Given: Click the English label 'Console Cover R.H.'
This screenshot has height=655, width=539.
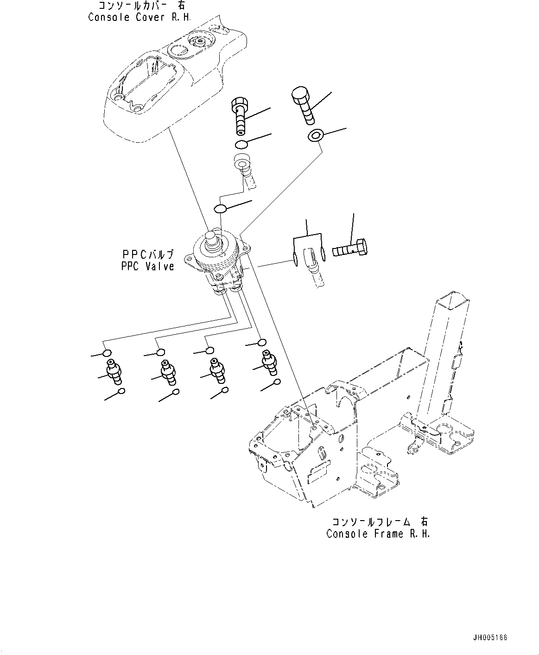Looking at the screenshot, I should [140, 17].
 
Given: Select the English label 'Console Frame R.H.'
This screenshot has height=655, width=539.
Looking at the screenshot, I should [378, 534].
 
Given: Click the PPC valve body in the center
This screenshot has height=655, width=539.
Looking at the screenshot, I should [217, 264].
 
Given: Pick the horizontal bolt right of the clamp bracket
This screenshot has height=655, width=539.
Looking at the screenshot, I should [350, 250].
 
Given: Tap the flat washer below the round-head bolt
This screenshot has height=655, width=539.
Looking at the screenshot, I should [315, 136].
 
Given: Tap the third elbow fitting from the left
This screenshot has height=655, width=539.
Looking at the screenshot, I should [217, 369].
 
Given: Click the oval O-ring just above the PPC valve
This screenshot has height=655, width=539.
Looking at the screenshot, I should [221, 209].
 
